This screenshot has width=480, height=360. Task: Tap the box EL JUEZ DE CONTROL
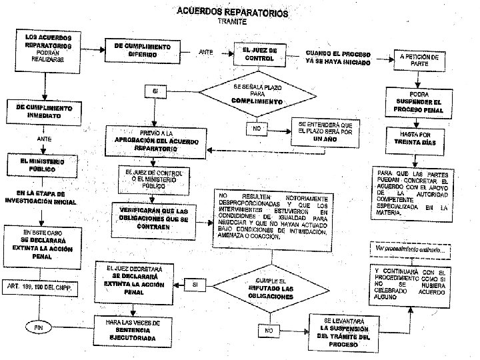[x=255, y=54]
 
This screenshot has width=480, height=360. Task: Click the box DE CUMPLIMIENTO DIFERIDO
[x=143, y=50]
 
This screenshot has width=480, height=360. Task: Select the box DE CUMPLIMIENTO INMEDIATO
[x=44, y=111]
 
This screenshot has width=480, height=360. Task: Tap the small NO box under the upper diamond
[x=256, y=127]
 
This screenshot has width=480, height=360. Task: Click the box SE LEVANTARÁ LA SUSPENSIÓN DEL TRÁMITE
[x=343, y=331]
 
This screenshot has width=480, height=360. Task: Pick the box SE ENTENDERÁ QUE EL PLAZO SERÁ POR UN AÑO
[x=325, y=132]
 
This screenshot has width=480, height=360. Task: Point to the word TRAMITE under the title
[x=231, y=21]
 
